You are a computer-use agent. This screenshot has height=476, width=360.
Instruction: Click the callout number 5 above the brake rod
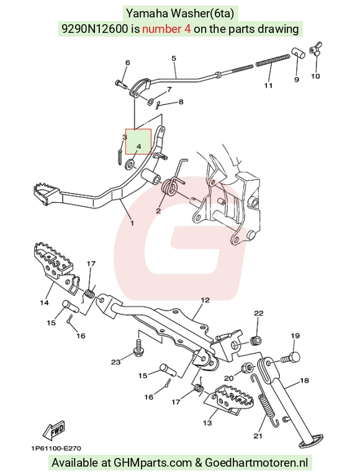(x=174, y=58)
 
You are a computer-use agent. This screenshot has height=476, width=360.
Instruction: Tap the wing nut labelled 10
(x=315, y=50)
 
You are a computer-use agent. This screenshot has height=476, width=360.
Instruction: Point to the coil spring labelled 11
(x=272, y=60)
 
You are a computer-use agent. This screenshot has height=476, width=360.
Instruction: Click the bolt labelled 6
(x=121, y=83)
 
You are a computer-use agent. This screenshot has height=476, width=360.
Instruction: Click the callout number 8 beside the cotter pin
(x=181, y=102)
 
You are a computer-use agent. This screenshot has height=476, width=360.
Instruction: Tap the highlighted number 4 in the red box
(x=138, y=146)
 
